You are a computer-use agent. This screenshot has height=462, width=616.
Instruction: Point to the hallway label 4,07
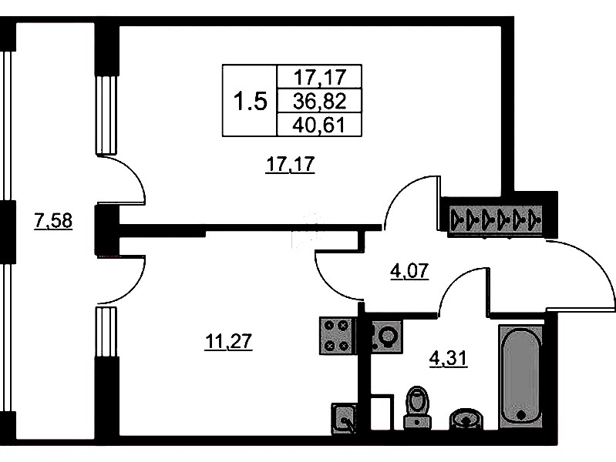[x=409, y=270]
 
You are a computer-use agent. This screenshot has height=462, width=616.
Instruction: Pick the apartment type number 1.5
[x=250, y=101]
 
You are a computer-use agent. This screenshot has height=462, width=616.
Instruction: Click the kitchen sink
[x=345, y=418]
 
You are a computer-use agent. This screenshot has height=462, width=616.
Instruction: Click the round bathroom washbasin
[x=466, y=417]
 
